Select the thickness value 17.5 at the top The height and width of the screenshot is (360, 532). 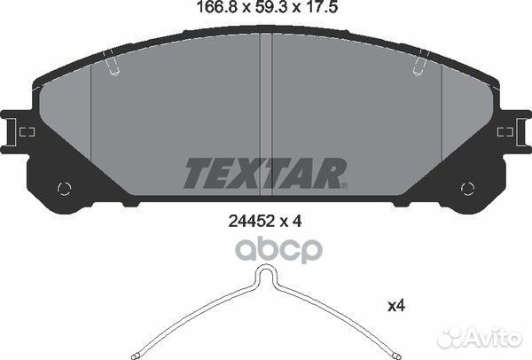click(321, 7)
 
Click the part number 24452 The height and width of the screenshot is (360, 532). click(252, 222)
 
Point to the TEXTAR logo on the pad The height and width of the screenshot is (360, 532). click(265, 173)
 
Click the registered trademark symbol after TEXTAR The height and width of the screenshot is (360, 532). click(344, 185)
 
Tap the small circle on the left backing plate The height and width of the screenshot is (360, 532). click(64, 188)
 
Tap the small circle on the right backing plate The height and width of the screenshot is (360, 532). click(467, 188)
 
